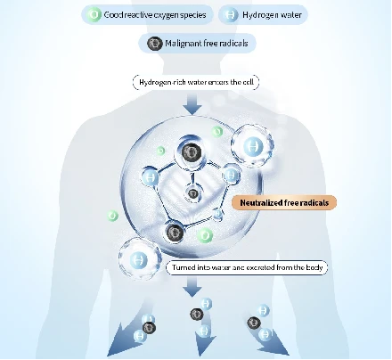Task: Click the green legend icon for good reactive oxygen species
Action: click(94, 14)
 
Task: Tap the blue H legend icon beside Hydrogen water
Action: click(231, 14)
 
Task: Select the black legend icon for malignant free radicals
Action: click(154, 44)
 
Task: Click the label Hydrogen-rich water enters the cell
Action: click(196, 82)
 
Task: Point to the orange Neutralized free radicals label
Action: click(284, 203)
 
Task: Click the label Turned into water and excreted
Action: click(247, 267)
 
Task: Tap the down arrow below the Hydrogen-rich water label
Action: click(192, 104)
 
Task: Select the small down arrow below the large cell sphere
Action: click(192, 286)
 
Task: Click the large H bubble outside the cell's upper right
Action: click(253, 146)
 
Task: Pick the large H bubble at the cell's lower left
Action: click(139, 259)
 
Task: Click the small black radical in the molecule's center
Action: click(193, 193)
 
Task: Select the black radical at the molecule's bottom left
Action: click(175, 233)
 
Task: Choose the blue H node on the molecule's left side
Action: click(151, 177)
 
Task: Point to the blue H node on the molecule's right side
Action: click(230, 175)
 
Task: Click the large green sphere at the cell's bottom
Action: click(205, 236)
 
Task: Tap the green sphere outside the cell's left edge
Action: click(112, 216)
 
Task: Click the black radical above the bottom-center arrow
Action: click(196, 314)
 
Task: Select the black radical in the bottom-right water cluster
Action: click(254, 323)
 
